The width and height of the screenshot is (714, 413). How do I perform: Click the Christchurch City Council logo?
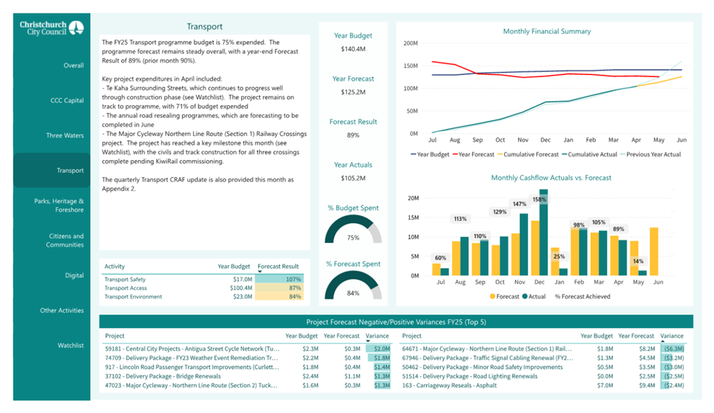51,28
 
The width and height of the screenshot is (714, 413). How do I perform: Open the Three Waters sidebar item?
65,136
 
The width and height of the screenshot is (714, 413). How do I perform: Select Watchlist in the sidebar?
70,345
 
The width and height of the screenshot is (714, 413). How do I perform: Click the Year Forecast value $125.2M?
353,92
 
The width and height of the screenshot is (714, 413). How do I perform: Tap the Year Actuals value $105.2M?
353,178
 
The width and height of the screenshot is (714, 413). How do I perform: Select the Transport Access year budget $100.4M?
241,288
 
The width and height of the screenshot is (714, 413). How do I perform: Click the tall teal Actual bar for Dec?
543,232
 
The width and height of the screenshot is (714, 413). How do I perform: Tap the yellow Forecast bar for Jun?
654,252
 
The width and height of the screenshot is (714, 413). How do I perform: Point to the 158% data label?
539,200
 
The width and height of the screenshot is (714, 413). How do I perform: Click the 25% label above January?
559,257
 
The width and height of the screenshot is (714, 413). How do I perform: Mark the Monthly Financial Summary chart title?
547,31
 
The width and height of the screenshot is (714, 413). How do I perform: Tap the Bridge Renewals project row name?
163,376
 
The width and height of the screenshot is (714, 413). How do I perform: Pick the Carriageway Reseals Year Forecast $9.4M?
647,385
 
